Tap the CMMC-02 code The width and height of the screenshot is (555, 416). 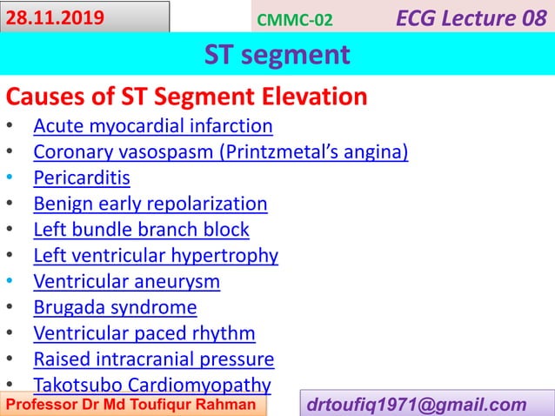tap(295, 19)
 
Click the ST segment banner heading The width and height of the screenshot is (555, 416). tap(277, 55)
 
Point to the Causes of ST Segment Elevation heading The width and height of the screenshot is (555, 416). tap(186, 97)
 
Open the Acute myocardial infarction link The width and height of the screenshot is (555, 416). tap(152, 127)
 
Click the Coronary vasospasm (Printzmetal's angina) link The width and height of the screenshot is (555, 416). tap(220, 153)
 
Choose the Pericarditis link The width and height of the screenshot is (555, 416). tap(82, 178)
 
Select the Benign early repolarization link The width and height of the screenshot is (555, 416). tap(150, 205)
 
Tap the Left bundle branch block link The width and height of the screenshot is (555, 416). tap(141, 230)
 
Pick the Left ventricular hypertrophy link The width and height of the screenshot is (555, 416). tap(156, 256)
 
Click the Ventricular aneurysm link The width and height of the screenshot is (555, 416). tap(126, 282)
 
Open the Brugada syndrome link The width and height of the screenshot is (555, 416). tap(115, 307)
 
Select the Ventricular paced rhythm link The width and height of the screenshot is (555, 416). tap(144, 333)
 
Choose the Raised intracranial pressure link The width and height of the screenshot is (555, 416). tap(153, 359)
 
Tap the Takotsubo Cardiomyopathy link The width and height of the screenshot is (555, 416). tap(151, 385)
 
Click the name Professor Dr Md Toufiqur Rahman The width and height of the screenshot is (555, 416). tap(132, 406)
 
